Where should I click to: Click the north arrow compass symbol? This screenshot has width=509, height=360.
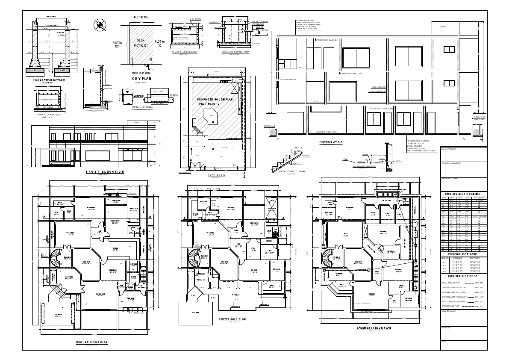click(x=101, y=25)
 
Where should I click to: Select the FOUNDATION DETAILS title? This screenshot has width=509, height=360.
click(x=50, y=80)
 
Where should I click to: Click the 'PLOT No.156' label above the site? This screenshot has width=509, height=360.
click(x=141, y=17)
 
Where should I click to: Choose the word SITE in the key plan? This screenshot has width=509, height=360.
click(x=141, y=40)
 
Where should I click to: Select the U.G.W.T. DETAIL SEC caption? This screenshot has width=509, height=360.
click(x=184, y=52)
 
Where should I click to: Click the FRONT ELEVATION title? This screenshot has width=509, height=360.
click(x=104, y=171)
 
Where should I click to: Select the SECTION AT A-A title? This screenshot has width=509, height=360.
click(x=331, y=142)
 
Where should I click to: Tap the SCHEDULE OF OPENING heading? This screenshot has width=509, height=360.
click(x=463, y=194)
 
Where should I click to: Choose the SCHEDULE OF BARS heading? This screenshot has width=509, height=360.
click(x=463, y=254)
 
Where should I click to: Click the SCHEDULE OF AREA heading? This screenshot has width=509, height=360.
click(x=463, y=277)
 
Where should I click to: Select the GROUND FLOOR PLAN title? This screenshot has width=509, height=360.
click(x=91, y=342)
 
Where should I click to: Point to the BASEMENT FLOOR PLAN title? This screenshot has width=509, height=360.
click(x=374, y=328)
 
